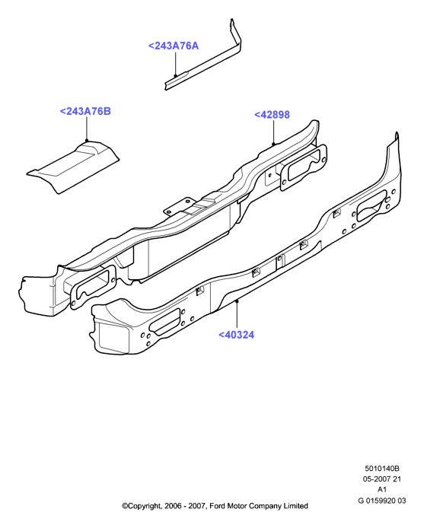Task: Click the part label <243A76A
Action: (174, 46)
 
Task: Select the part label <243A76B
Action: (85, 111)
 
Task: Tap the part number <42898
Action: (272, 115)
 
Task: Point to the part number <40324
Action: (236, 335)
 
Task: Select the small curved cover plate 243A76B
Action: (74, 167)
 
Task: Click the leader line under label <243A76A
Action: (175, 64)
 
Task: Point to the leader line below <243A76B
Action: (87, 129)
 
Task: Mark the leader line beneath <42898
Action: (274, 132)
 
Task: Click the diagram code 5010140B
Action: (382, 468)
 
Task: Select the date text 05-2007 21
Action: (382, 479)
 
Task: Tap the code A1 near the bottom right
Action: (382, 489)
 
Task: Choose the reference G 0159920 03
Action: (382, 501)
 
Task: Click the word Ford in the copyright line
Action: (218, 506)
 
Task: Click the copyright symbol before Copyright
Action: (125, 506)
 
